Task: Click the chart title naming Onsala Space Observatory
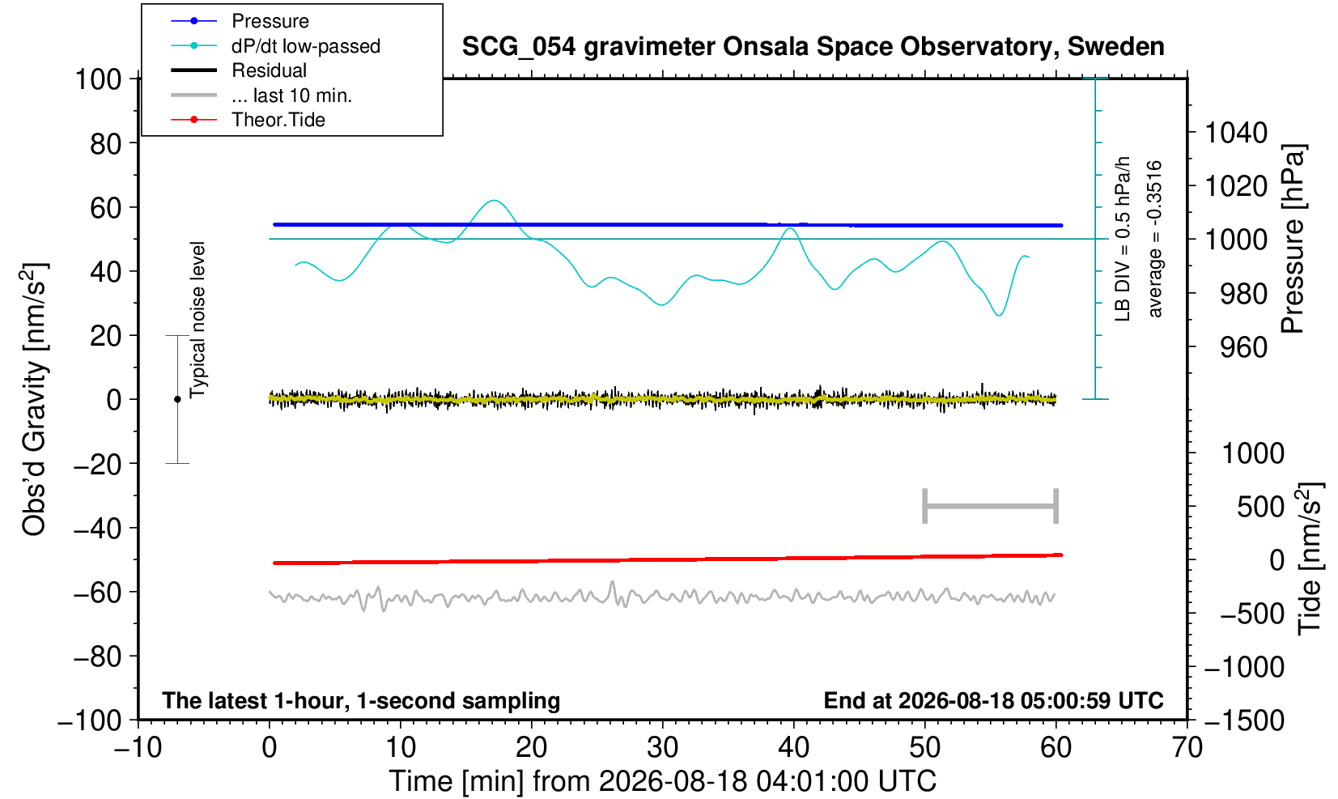coord(813,47)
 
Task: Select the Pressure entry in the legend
coord(270,21)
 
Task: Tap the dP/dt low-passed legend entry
coord(306,46)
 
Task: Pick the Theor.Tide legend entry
coord(278,120)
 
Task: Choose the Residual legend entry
coord(270,70)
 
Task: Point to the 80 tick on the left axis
coord(106,144)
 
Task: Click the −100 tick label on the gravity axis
coord(90,720)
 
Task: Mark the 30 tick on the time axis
coord(662,747)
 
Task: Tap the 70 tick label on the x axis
coord(1187,747)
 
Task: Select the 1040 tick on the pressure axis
coord(1236,133)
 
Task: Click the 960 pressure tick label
coord(1243,347)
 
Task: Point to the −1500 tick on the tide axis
coord(1244,720)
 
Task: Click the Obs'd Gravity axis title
coord(34,399)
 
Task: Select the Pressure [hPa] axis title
coord(1293,239)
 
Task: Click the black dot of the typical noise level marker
coord(177,399)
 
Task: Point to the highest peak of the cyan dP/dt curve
coord(494,200)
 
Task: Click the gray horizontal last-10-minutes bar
coord(991,506)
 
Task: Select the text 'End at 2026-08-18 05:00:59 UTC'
coord(993,700)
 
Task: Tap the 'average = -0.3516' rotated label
coord(1155,239)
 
